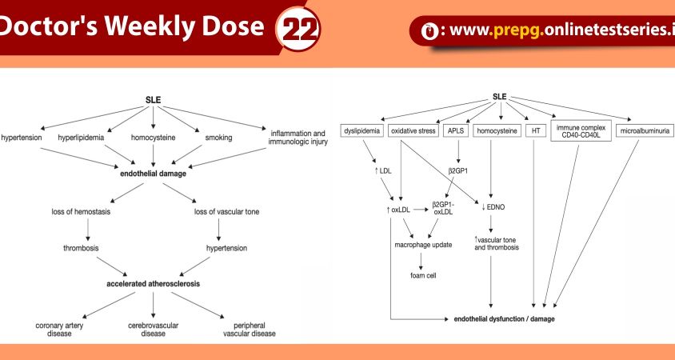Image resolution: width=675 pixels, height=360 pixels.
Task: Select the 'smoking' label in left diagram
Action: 218,138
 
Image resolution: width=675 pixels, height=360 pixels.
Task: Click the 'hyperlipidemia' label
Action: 81,138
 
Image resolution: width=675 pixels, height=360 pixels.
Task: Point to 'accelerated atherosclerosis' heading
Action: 154,284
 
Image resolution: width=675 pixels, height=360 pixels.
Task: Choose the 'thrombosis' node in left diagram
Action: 81,248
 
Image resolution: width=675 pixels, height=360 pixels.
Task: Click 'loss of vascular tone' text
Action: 226,212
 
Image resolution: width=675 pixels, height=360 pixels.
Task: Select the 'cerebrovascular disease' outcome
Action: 154,330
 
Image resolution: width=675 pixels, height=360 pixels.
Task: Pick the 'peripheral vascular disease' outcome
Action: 250,330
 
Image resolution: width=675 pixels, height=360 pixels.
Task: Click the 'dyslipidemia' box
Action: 362,130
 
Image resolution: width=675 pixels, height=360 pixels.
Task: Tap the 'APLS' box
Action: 453,130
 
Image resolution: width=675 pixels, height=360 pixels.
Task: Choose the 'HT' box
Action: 533,130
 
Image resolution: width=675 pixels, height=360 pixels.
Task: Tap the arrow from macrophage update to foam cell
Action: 421,259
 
